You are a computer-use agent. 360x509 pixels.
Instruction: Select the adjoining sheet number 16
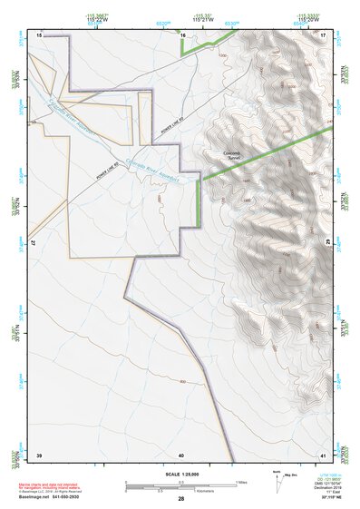(182, 34)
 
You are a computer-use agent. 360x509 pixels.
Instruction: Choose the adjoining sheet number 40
(181, 454)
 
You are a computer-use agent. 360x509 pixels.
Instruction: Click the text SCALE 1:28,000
(181, 474)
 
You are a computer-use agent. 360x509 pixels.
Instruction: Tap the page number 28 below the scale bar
(181, 499)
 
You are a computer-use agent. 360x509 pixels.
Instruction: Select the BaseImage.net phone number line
(52, 498)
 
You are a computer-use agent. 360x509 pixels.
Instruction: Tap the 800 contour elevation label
(184, 380)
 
